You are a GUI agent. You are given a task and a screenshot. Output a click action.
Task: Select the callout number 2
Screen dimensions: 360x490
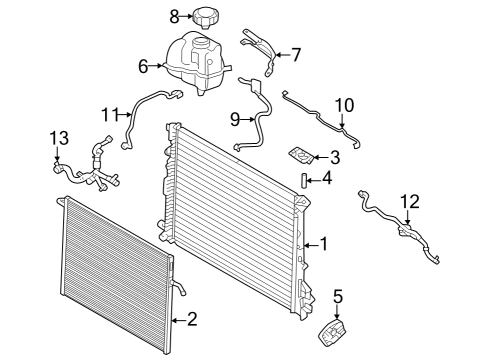pos(191,320)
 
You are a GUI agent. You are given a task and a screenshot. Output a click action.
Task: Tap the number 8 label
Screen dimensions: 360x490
pos(173,16)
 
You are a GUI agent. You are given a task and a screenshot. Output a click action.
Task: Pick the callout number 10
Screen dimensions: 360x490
pos(343,104)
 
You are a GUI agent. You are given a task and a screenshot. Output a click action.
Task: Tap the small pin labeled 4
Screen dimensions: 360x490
pos(298,179)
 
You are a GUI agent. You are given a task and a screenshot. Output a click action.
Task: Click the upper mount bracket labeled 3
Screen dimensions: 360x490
pos(301,156)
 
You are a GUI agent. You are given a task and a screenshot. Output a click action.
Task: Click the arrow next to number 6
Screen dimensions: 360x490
pos(159,67)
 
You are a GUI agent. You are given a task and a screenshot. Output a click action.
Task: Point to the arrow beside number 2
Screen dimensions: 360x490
pos(177,320)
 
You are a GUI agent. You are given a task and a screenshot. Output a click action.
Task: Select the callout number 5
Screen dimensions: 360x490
pos(338,296)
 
